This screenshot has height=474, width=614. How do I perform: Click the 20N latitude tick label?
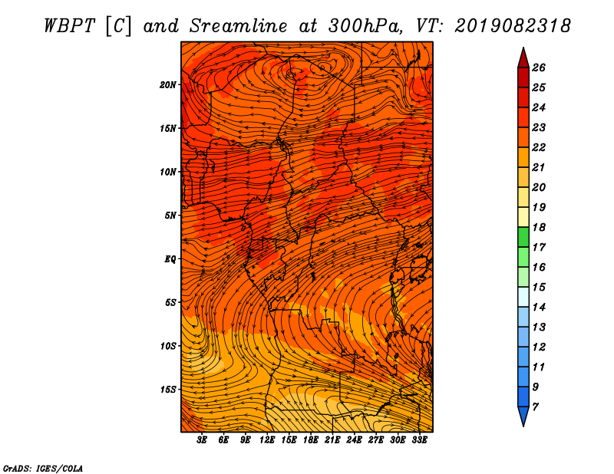coord(168,84)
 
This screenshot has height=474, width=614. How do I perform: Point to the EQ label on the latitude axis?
coord(170,259)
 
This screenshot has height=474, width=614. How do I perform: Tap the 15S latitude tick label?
coord(168,390)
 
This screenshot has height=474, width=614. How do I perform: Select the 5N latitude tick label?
coord(170,216)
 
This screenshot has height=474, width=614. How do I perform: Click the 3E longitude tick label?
coord(202,440)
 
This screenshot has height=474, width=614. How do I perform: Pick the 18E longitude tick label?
coord(311,440)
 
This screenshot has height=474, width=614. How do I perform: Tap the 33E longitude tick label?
coord(419,440)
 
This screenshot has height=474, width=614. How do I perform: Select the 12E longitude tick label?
coord(267,440)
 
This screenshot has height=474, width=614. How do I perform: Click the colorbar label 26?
coord(539,67)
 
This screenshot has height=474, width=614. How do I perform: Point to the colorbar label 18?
coord(539,227)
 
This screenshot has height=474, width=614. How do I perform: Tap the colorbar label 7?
coord(535,407)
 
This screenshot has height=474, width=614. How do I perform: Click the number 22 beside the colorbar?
coord(539,147)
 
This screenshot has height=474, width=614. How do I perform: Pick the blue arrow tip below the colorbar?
coord(523,426)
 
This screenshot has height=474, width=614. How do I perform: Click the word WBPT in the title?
coord(69,26)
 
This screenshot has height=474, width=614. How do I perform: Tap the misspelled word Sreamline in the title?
coord(239,26)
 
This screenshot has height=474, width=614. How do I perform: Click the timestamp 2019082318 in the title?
coord(513,26)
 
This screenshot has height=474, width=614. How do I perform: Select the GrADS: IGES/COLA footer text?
coord(43,469)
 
